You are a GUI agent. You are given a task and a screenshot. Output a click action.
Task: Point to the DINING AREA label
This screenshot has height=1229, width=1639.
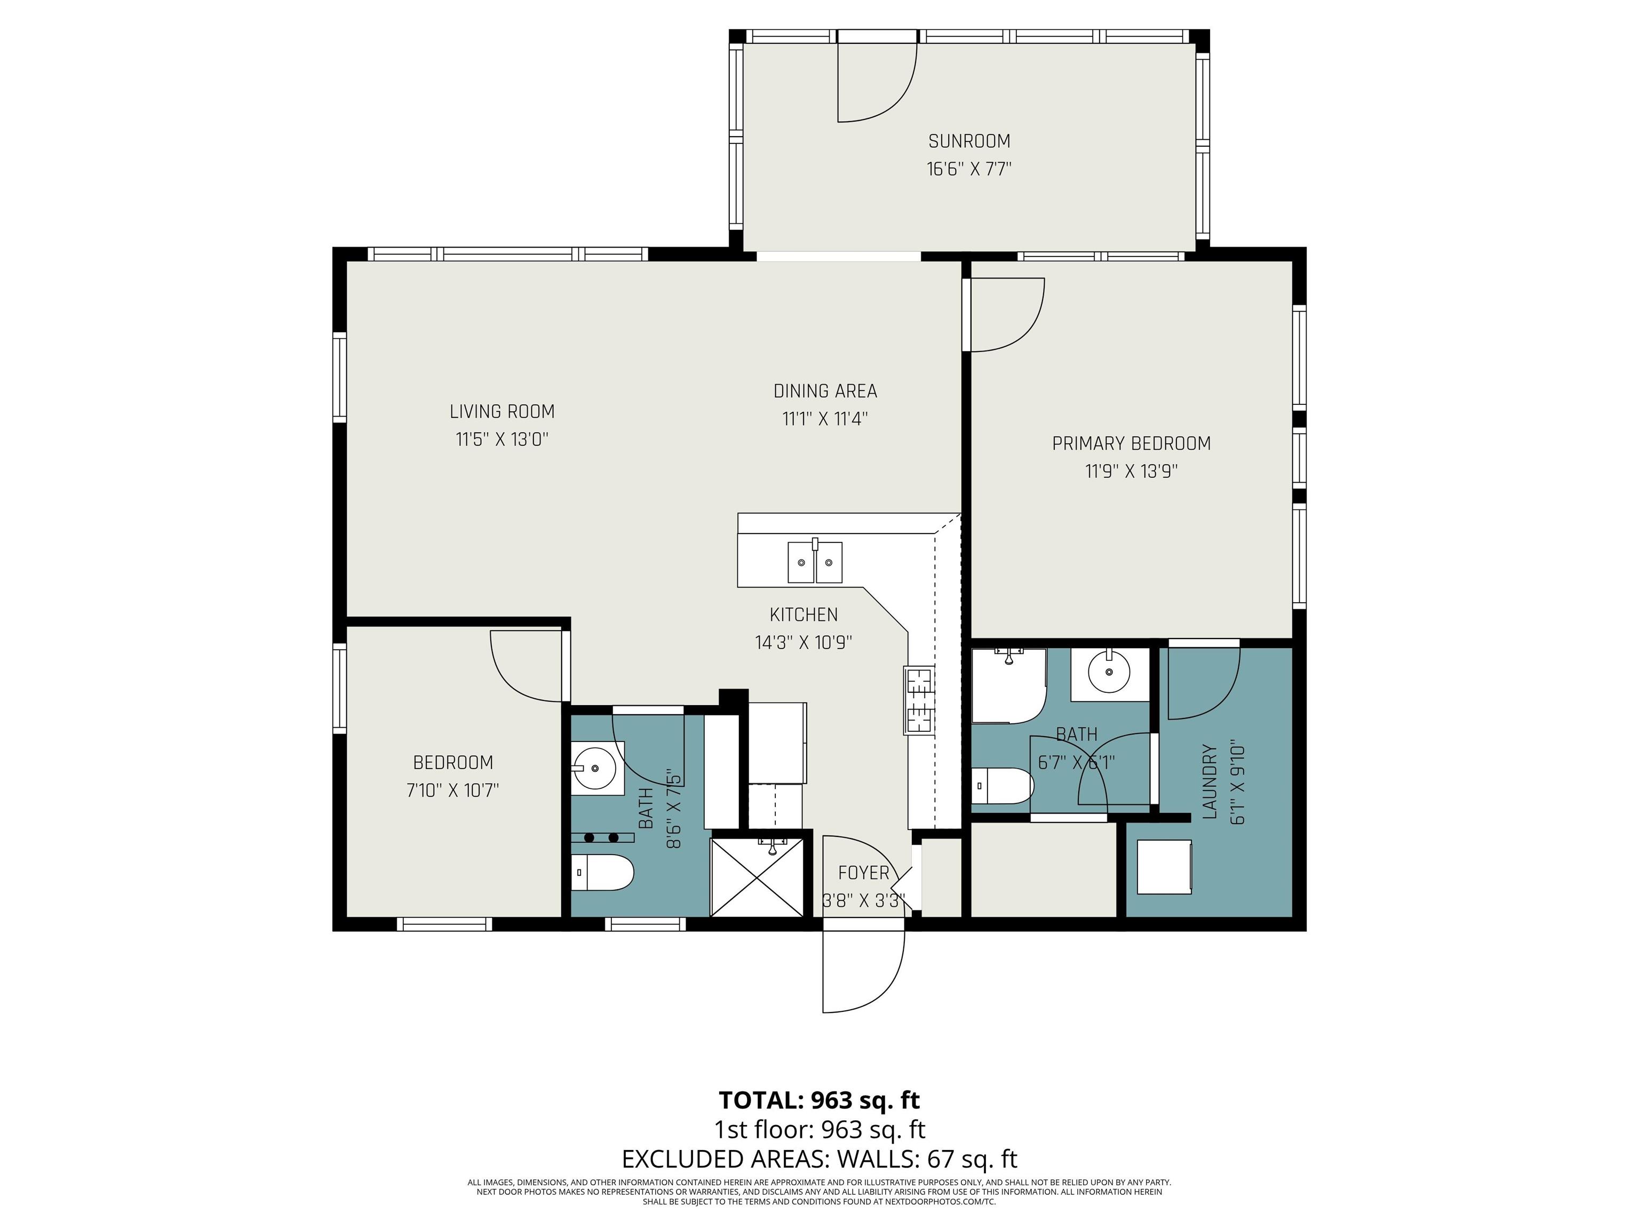pyautogui.click(x=825, y=390)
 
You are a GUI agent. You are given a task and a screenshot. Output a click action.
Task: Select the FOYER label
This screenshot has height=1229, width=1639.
pyautogui.click(x=863, y=873)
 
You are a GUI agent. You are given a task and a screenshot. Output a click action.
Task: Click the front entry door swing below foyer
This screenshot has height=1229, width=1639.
pyautogui.click(x=863, y=970)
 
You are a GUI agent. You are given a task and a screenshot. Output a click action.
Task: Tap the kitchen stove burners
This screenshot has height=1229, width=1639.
pyautogui.click(x=919, y=700)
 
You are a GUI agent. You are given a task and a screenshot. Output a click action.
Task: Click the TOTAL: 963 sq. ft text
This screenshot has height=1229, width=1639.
pyautogui.click(x=819, y=1099)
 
